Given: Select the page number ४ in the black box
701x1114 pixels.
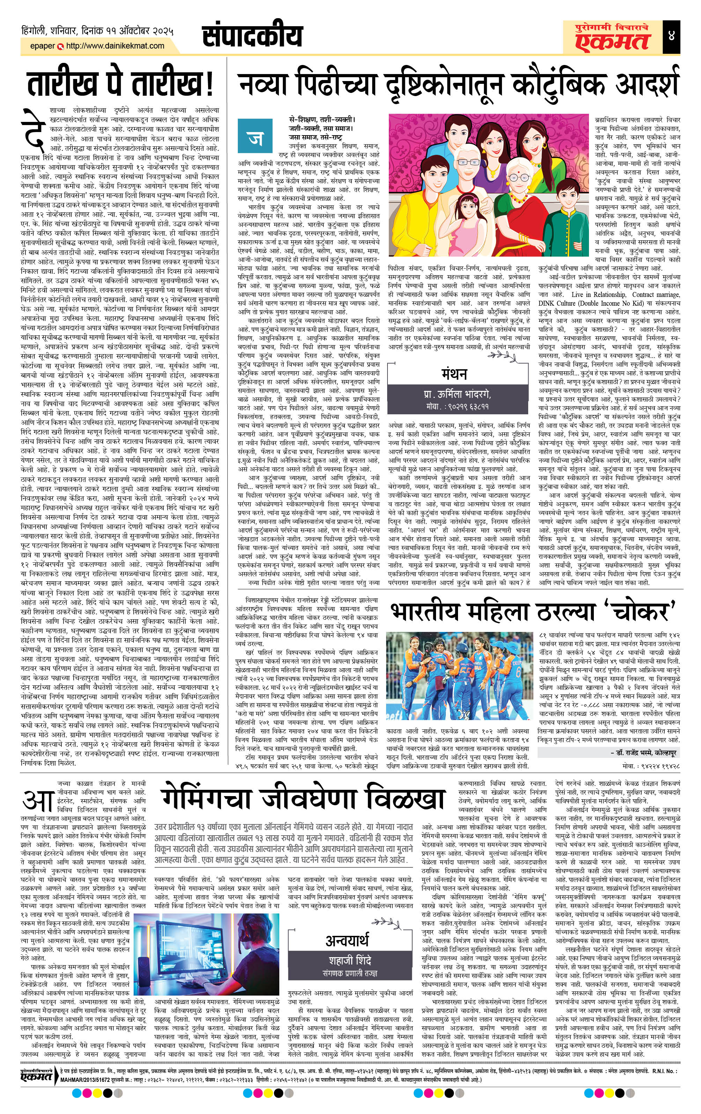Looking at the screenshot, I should (x=671, y=36).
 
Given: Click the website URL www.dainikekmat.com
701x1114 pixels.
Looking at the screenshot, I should (x=115, y=46).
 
